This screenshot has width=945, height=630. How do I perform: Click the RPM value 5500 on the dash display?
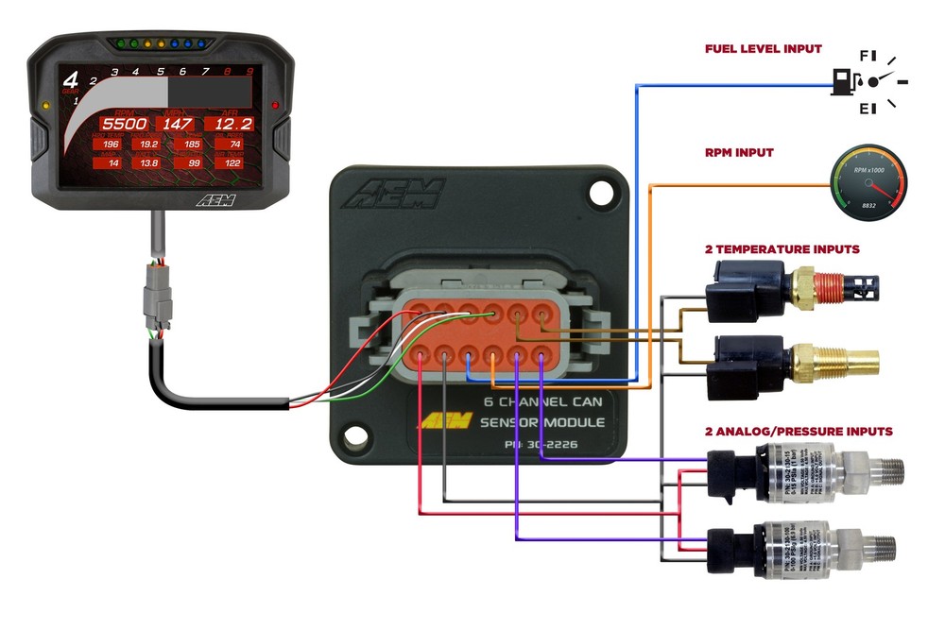click(x=124, y=124)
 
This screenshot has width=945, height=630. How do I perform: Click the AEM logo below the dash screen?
click(x=216, y=199)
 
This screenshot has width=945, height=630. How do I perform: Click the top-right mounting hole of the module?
click(x=597, y=193)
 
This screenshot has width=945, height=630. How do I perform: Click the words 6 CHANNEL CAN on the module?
click(x=543, y=400)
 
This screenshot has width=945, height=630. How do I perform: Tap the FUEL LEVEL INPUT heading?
click(x=763, y=48)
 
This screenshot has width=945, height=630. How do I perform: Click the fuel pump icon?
click(x=843, y=82)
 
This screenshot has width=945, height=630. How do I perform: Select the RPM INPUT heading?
click(x=739, y=152)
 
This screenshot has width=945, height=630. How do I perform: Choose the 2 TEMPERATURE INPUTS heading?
click(x=782, y=249)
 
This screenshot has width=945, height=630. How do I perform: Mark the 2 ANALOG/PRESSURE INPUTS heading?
click(x=798, y=431)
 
